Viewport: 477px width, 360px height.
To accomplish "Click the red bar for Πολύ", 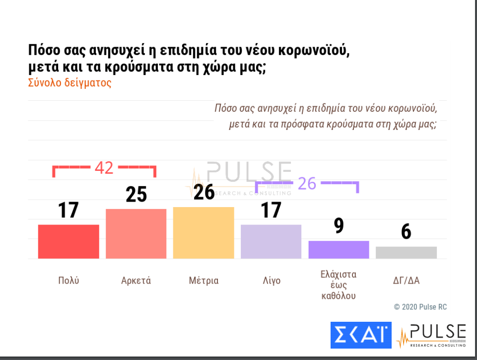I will (68, 241).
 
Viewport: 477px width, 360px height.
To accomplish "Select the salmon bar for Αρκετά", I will (136, 233).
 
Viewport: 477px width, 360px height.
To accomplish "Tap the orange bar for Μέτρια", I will (204, 232).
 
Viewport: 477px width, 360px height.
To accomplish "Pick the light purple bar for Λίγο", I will (271, 241).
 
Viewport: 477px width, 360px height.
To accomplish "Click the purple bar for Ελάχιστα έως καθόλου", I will (339, 249).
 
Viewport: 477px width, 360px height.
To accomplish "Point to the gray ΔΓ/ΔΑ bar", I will (406, 252).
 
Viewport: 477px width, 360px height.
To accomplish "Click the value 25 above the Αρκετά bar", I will (136, 195).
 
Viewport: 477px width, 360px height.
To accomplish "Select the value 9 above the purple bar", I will (339, 226).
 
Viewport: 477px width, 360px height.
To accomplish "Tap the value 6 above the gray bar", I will (406, 232).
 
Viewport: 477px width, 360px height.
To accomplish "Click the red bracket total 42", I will (104, 168).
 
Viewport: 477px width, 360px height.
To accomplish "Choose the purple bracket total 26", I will (307, 183).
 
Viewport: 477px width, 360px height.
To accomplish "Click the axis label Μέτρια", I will (204, 281).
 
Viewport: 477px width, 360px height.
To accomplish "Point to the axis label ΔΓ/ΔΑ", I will (406, 281).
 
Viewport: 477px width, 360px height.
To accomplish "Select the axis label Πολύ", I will (68, 281).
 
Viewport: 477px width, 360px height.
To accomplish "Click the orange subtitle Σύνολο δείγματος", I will (70, 83).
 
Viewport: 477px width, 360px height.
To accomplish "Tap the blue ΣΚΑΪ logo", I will (361, 335).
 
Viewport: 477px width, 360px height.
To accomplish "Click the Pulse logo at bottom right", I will (431, 336).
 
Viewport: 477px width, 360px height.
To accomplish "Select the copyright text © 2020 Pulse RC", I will (420, 307).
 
